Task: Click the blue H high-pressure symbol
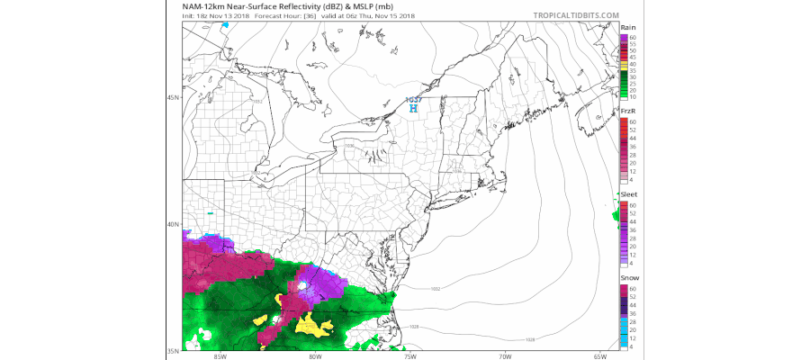(412, 108)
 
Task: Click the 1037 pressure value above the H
(412, 100)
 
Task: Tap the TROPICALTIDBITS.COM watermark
(575, 15)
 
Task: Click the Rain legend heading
(627, 28)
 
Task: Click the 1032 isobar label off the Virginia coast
(436, 289)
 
